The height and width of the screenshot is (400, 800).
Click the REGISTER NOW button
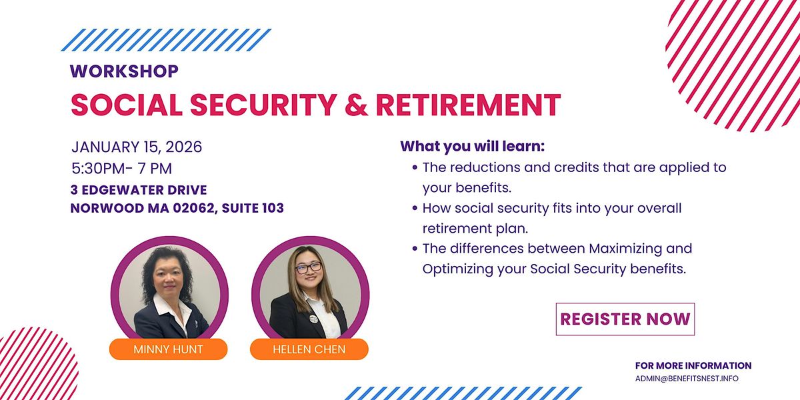coord(625,319)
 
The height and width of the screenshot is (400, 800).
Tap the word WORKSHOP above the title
coord(124,71)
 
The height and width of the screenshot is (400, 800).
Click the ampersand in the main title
coord(356,105)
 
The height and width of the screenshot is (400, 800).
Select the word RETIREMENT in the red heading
coord(468,105)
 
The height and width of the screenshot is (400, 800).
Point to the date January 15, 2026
coord(137,147)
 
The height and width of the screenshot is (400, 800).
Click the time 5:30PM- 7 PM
coord(122,168)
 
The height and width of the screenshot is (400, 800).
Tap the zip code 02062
coord(193,208)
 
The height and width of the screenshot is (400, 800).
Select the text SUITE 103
coord(253,208)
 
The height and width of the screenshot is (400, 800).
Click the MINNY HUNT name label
coord(168,349)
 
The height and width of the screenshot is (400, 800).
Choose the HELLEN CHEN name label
coord(309,349)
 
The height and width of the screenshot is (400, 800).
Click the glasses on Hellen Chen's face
coord(309,267)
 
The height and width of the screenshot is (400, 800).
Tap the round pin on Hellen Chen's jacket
coord(313,319)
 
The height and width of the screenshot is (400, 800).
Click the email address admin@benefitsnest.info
coord(687,379)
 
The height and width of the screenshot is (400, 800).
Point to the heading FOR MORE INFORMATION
coord(693,365)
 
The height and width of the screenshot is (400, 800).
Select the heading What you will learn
coord(472,147)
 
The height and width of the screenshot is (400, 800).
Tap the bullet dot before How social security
coord(415,208)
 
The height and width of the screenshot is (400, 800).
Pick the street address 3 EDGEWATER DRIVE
coord(139,190)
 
